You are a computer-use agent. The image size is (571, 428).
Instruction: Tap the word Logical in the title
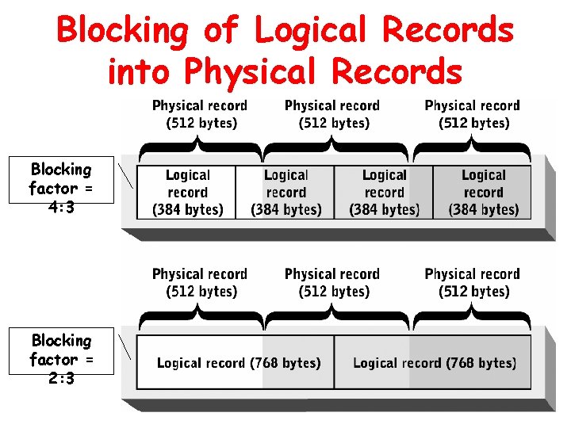[312, 32]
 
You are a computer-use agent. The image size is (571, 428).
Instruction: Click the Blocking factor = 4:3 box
[61, 189]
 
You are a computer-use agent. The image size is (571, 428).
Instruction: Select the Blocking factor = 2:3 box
[61, 359]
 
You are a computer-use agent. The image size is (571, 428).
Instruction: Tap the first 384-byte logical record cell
[187, 193]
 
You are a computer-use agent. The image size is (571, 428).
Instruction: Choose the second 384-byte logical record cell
[285, 193]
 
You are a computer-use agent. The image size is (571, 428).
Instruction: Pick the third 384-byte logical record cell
[384, 193]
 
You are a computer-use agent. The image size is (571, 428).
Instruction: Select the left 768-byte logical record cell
[236, 363]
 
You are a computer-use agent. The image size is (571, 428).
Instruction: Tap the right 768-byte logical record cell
[434, 363]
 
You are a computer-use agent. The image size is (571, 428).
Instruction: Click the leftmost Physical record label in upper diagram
[200, 114]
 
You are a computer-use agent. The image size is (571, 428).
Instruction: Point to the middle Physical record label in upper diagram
[332, 114]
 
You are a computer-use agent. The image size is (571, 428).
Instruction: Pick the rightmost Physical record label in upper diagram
[473, 114]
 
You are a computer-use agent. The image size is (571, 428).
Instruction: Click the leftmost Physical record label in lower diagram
[200, 283]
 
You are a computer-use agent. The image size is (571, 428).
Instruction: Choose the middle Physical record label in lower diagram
[332, 283]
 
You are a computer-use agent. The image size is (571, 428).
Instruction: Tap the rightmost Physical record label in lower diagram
[473, 283]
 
